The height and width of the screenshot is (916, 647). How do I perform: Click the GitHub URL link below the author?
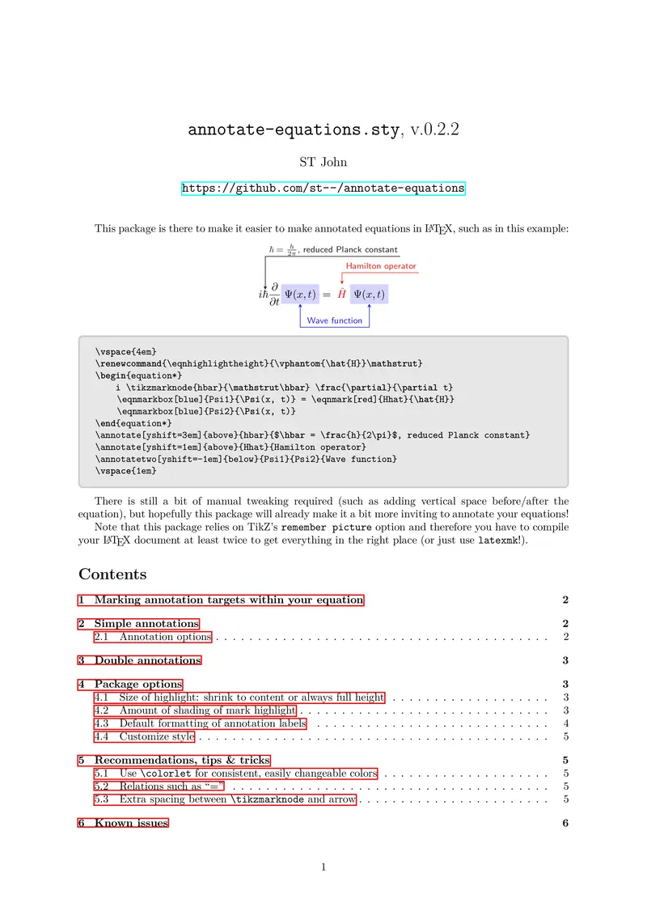pyautogui.click(x=323, y=188)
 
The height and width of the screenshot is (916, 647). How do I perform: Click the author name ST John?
pyautogui.click(x=323, y=162)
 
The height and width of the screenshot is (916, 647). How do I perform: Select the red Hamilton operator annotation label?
pyautogui.click(x=381, y=265)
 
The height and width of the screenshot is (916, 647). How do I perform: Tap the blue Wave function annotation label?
pyautogui.click(x=335, y=321)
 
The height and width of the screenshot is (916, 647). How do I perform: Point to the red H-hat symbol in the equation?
pyautogui.click(x=341, y=294)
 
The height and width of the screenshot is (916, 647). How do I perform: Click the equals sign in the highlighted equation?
pyautogui.click(x=326, y=295)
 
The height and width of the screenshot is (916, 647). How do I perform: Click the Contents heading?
pyautogui.click(x=112, y=575)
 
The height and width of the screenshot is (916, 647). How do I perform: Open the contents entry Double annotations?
pyautogui.click(x=147, y=660)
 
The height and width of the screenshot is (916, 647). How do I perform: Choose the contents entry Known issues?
pyautogui.click(x=131, y=823)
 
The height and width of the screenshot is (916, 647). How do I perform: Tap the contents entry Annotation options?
pyautogui.click(x=165, y=637)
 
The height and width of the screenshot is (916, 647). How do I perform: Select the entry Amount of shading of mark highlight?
pyautogui.click(x=207, y=710)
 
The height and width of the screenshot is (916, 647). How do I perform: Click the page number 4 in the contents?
pyautogui.click(x=565, y=723)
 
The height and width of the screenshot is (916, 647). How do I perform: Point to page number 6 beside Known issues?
pyautogui.click(x=565, y=823)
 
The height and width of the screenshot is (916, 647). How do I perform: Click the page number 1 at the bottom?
pyautogui.click(x=323, y=867)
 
